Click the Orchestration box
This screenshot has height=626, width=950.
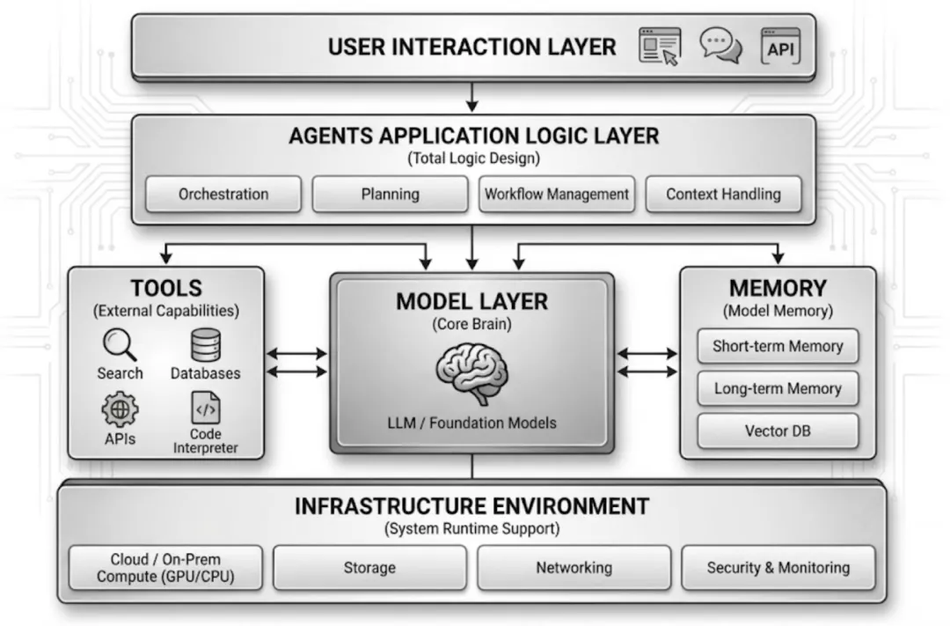click(223, 195)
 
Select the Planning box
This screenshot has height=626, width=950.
click(390, 195)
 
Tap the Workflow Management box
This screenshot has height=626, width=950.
click(557, 195)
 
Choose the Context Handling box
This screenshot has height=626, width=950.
click(723, 195)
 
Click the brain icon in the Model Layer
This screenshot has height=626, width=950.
click(471, 373)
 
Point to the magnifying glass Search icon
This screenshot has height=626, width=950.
click(120, 344)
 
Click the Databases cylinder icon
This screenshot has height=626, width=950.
click(206, 344)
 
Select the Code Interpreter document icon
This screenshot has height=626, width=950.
click(206, 409)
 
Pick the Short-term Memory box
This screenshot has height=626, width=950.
click(778, 346)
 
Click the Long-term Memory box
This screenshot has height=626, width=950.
click(778, 388)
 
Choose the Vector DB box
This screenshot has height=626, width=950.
click(778, 431)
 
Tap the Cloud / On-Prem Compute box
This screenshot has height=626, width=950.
click(166, 568)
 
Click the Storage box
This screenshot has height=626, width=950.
click(369, 568)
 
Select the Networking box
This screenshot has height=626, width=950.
click(574, 568)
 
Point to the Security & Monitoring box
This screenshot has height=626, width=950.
click(778, 568)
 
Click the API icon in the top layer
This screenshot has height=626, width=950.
click(780, 48)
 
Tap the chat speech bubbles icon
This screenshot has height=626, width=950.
click(721, 47)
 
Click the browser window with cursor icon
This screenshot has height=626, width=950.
click(660, 48)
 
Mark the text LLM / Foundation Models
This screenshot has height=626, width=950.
click(471, 423)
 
